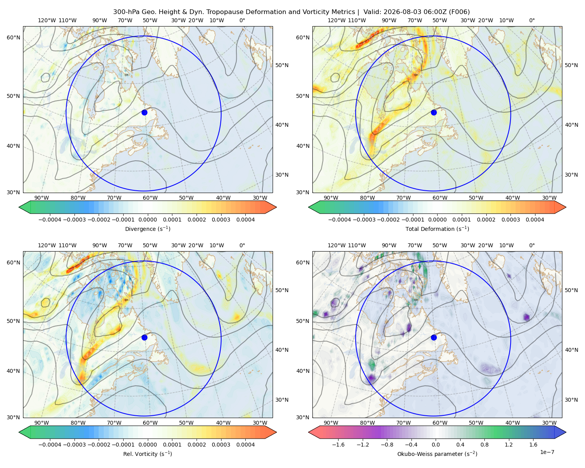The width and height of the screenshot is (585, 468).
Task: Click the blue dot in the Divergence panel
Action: click(144, 112)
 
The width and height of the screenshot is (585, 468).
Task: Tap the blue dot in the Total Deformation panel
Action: click(434, 112)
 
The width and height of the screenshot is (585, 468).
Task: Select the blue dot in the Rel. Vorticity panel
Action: click(144, 337)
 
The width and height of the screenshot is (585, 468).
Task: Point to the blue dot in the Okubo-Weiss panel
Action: click(434, 337)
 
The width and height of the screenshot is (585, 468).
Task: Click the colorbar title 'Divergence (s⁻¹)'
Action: click(147, 229)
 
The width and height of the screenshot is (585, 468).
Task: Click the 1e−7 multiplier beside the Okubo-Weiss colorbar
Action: click(547, 452)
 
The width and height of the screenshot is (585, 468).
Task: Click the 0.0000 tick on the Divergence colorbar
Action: click(147, 220)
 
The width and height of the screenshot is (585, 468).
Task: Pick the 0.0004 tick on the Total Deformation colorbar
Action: click(535, 220)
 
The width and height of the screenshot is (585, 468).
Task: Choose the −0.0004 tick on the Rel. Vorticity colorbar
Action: click(50, 445)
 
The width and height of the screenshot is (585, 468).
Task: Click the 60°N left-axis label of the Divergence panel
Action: click(13, 37)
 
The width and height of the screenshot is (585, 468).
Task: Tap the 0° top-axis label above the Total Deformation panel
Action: click(532, 20)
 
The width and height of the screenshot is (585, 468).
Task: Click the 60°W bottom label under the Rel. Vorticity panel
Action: click(150, 423)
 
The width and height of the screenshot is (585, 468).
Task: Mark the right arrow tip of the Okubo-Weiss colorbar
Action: click(566, 433)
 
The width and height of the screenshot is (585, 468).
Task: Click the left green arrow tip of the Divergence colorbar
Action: click(19, 207)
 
